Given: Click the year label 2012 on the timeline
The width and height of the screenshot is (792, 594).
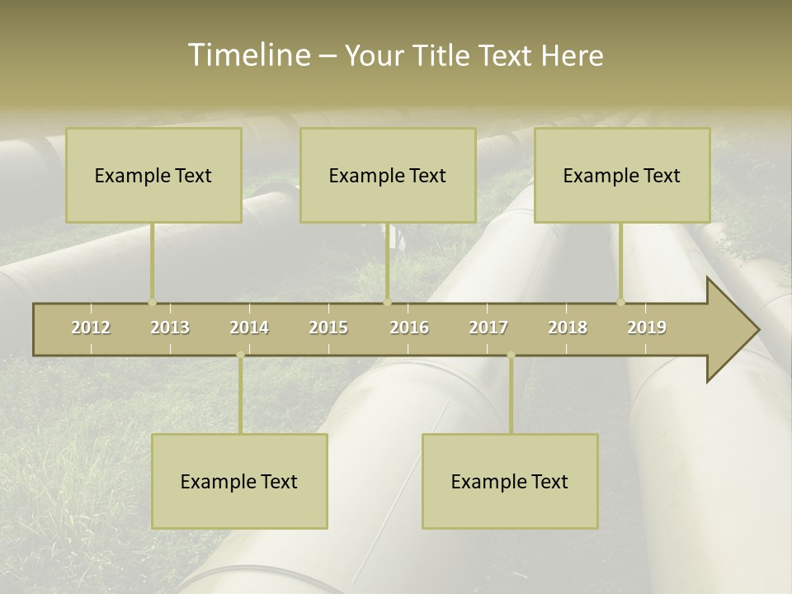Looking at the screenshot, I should (x=91, y=328).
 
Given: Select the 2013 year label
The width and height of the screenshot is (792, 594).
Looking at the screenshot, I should (x=170, y=328).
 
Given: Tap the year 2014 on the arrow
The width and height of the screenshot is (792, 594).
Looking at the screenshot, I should (x=249, y=328).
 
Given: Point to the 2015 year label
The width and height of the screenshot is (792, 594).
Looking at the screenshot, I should (x=328, y=328).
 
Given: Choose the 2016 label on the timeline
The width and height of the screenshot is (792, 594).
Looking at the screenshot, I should (x=409, y=328).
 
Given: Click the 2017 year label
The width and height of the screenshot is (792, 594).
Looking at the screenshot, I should (x=488, y=328).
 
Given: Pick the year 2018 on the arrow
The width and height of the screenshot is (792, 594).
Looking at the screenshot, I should (x=568, y=328).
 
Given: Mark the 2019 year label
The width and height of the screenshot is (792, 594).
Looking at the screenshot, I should (x=647, y=328).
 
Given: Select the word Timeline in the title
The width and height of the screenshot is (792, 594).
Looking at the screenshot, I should (x=247, y=55).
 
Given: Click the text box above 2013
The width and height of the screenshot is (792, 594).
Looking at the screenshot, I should (x=153, y=175).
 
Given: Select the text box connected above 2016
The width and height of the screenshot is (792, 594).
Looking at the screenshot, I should (x=388, y=175).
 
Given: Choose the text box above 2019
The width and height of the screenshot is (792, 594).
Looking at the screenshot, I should (x=622, y=175).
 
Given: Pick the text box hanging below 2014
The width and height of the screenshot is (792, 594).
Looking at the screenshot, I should (x=239, y=481).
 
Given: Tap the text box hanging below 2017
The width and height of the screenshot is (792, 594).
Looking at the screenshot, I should (x=510, y=481).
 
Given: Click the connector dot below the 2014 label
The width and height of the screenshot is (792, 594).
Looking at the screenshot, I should (x=240, y=355).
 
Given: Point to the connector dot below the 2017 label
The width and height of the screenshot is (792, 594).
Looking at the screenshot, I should (x=511, y=355).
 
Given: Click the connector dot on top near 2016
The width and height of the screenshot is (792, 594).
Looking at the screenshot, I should (x=387, y=302).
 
